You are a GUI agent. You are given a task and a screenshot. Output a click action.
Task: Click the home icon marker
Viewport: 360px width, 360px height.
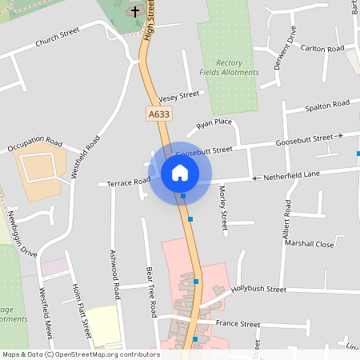179,172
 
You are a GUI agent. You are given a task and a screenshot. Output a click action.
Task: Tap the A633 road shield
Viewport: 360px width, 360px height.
158,115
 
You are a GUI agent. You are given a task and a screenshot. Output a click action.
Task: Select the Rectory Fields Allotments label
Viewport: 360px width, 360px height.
230,67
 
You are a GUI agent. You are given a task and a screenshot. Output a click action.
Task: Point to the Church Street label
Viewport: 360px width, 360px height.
58,37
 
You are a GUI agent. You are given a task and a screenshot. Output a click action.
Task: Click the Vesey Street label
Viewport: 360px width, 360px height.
178,95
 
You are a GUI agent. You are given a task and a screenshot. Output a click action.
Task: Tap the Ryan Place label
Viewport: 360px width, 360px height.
214,123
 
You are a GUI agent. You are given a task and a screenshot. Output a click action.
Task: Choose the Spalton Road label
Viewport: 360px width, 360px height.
328,105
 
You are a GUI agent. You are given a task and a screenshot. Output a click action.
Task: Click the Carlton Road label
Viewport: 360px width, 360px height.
323,49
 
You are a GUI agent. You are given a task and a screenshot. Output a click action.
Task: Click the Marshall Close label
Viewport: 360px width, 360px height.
310,244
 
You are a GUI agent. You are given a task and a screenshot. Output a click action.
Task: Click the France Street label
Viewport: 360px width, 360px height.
238,324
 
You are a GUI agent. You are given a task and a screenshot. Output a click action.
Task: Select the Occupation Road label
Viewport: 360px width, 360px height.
34,145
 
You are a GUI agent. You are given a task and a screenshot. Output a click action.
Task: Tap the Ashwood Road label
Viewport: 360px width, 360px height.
114,274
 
